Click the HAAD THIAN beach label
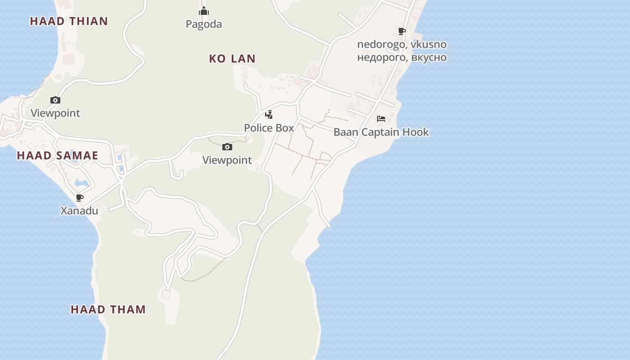click(x=69, y=21)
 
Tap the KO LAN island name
click(x=232, y=58)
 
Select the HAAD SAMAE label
click(x=57, y=156)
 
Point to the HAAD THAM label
click(x=108, y=310)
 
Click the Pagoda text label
click(x=204, y=24)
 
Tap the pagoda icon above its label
click(x=204, y=11)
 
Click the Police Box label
click(x=269, y=128)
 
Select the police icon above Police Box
click(x=269, y=114)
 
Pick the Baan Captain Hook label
click(x=381, y=132)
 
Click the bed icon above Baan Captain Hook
click(x=381, y=119)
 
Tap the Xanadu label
click(x=79, y=211)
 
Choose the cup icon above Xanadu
click(x=80, y=198)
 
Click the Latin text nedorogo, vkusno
click(x=402, y=45)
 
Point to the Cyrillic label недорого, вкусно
click(x=402, y=58)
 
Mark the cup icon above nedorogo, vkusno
click(x=402, y=31)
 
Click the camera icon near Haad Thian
click(x=55, y=100)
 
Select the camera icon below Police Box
click(x=227, y=147)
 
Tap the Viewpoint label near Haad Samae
click(x=55, y=113)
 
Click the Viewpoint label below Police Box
click(x=227, y=160)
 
